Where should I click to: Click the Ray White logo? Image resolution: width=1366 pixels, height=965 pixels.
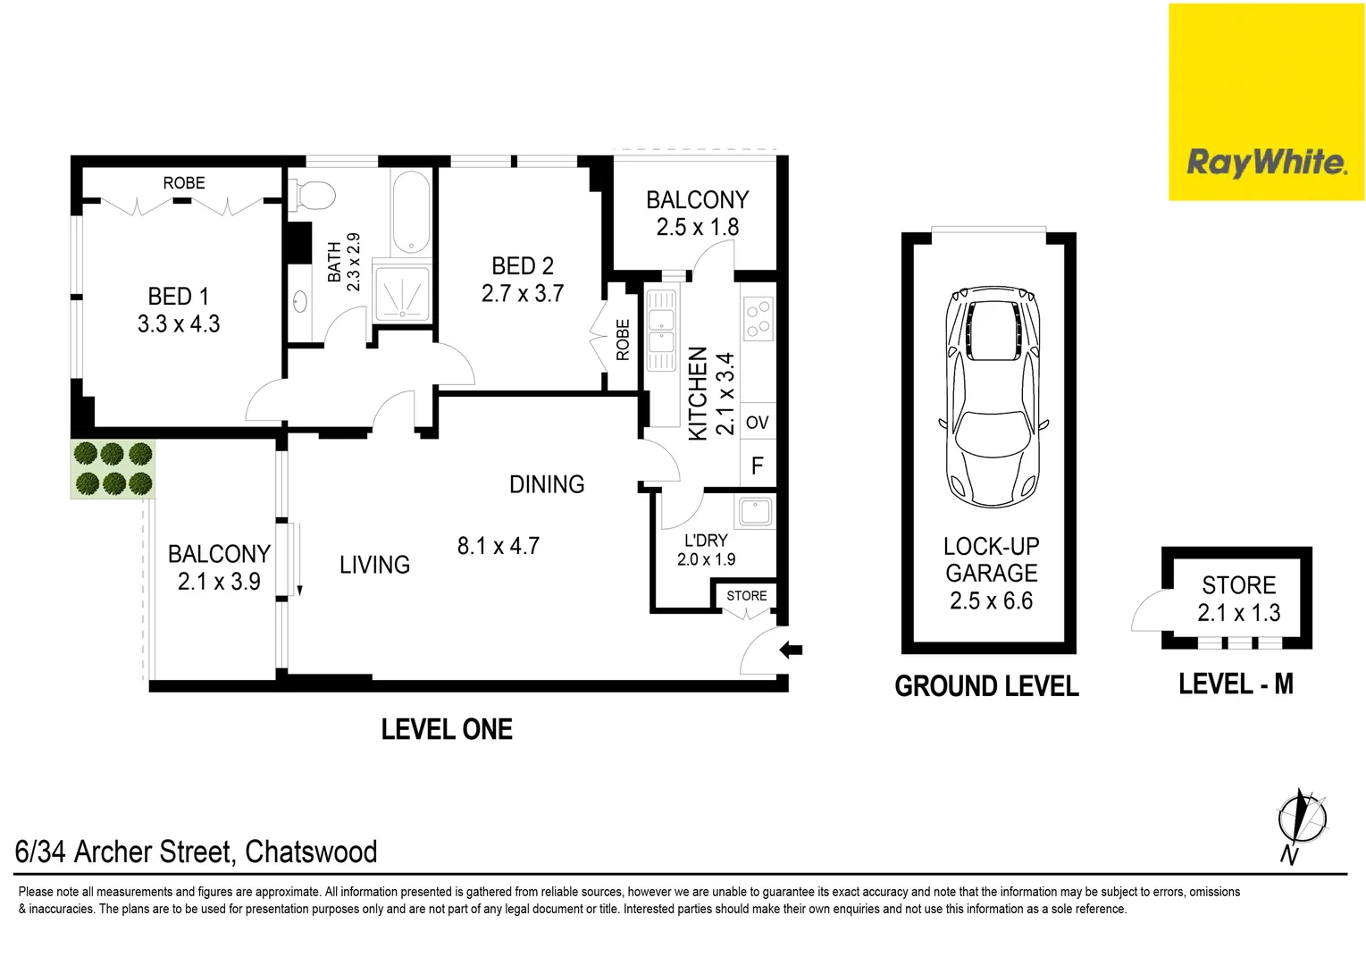[1266, 163]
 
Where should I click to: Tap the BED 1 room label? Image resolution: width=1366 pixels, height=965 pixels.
[179, 297]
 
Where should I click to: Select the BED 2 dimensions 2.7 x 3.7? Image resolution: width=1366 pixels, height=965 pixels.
[523, 294]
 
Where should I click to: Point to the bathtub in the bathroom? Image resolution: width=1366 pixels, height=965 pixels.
[411, 211]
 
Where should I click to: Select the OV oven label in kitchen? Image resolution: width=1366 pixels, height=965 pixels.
[757, 423]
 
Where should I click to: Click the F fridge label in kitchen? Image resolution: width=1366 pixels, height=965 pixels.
[757, 466]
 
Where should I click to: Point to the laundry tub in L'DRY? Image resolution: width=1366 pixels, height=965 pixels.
[755, 512]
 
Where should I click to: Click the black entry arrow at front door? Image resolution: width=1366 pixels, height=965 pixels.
[792, 650]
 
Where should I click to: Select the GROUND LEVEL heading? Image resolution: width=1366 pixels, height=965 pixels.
[986, 686]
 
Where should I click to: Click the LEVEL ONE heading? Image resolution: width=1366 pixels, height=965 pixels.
[447, 729]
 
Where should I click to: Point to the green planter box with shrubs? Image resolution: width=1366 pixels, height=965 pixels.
[113, 469]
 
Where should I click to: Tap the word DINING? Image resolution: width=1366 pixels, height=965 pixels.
[547, 484]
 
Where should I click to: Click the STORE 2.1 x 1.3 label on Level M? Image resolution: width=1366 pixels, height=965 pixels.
[1238, 599]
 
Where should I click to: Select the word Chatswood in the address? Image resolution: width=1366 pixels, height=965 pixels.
[311, 852]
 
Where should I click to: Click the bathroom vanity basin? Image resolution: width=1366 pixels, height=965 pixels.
[300, 302]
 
